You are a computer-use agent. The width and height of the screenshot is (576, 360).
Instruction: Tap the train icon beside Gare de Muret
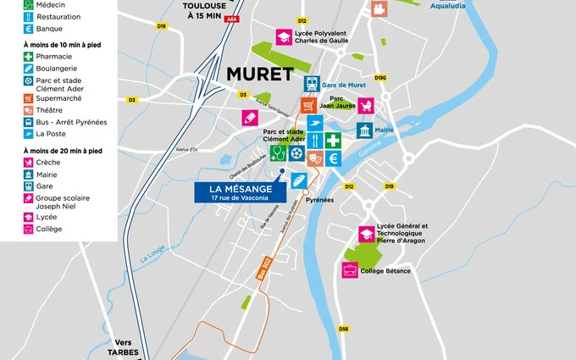313,84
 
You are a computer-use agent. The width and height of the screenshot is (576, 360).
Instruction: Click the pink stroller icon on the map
368,106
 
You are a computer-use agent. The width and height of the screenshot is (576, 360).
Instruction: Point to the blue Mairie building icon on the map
364,131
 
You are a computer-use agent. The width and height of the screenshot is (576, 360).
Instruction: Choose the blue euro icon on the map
334,158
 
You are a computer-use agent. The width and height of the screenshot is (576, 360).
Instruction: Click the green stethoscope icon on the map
277,153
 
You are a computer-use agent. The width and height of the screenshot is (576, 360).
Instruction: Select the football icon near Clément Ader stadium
295,153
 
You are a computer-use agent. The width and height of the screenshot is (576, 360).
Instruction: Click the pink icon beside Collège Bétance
349,270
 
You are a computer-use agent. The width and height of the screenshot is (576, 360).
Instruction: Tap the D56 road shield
343,329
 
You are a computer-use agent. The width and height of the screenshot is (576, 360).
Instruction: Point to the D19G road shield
380,78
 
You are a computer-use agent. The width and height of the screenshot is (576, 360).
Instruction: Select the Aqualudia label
424,5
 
